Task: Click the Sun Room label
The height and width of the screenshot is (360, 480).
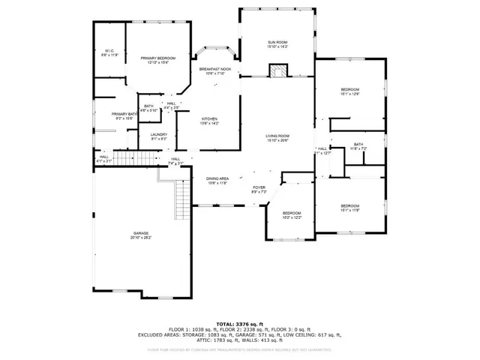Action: tap(277, 44)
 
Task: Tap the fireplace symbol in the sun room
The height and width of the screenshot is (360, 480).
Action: tap(277, 71)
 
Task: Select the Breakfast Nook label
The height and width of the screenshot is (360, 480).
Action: tap(215, 71)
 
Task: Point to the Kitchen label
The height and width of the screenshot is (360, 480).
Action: tap(209, 121)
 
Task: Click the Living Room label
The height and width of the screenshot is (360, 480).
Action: tap(277, 138)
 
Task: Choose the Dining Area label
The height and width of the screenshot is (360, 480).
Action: tap(217, 180)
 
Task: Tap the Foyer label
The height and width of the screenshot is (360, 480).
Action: tap(259, 190)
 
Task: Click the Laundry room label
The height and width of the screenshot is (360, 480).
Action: tap(159, 136)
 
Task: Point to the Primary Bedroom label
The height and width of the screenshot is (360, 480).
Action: tap(158, 60)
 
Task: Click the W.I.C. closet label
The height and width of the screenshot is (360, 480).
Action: tap(109, 53)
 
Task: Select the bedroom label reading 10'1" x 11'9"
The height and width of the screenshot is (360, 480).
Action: tap(350, 208)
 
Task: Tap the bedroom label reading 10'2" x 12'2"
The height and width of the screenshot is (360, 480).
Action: tap(292, 215)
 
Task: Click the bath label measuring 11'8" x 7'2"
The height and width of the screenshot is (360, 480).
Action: tap(358, 146)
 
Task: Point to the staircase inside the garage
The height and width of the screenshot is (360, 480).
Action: tap(181, 199)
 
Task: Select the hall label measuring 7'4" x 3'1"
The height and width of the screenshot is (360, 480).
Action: tap(175, 160)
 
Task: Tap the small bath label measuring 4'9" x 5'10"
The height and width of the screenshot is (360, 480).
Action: tap(148, 108)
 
